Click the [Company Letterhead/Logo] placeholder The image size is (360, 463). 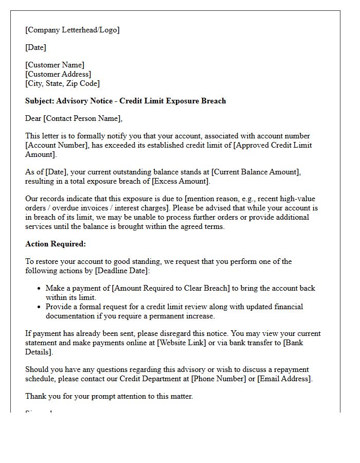pos(72,30)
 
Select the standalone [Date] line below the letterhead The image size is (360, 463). pos(35,47)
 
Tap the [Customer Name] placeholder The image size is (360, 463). pos(55,65)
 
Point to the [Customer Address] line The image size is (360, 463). pos(58,74)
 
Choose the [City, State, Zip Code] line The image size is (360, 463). pos(62,83)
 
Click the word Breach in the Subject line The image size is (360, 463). pos(213,101)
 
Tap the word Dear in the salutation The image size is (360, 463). pos(33,118)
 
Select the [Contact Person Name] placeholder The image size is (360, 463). pos(83,118)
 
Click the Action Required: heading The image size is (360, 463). pos(56,244)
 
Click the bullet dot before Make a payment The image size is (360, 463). pos(39,289)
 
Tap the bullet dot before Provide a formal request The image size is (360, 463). pos(39,307)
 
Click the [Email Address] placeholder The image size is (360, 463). pos(284,379)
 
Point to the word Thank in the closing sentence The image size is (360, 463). pos(36,396)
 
